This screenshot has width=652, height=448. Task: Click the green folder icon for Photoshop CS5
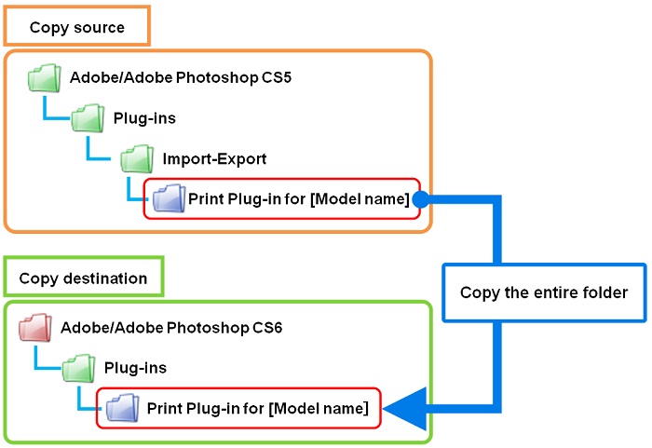[x=45, y=78]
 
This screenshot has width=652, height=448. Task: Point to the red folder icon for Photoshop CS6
[x=35, y=328]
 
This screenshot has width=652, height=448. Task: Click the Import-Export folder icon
[x=137, y=159]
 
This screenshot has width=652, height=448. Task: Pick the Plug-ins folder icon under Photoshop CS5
[x=88, y=118]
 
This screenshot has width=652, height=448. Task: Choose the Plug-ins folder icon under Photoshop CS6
[x=78, y=368]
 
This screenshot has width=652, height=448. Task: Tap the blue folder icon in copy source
[x=170, y=198]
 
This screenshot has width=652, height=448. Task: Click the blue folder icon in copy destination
[x=122, y=408]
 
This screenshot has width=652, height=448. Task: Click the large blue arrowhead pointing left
[x=405, y=409]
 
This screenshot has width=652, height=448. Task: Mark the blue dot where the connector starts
[x=421, y=199]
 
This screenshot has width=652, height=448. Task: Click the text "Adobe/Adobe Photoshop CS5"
[x=181, y=78]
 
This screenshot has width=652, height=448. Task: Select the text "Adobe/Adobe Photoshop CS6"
[x=171, y=328]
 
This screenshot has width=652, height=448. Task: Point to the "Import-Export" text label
[x=214, y=159]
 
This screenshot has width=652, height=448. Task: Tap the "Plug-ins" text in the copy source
[x=144, y=118]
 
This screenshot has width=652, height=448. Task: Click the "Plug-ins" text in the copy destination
[x=136, y=368]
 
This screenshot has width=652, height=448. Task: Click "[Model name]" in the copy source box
[x=360, y=199]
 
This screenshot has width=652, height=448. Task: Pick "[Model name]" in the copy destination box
[x=319, y=409]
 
